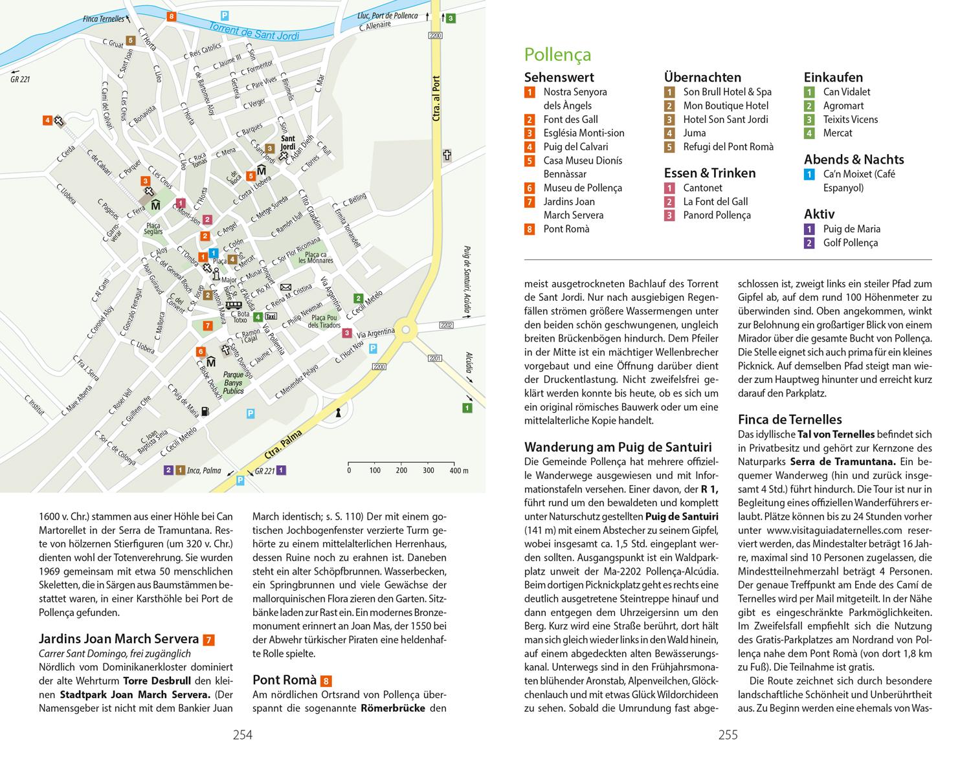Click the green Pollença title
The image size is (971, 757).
click(557, 54)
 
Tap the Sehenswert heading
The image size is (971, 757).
click(559, 77)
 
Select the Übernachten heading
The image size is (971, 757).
click(702, 77)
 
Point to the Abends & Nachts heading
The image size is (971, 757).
click(854, 159)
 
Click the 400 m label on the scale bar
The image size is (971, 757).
click(458, 470)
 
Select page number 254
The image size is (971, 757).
click(243, 734)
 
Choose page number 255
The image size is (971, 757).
click(728, 734)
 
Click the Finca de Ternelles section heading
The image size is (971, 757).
click(790, 419)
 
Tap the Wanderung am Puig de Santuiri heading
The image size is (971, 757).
click(618, 447)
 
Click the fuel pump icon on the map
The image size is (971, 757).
click(205, 410)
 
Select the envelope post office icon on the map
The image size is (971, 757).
click(286, 287)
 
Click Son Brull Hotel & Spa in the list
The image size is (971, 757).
click(727, 92)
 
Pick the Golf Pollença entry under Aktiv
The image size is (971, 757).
click(850, 243)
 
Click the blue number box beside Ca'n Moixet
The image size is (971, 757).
click(809, 174)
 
